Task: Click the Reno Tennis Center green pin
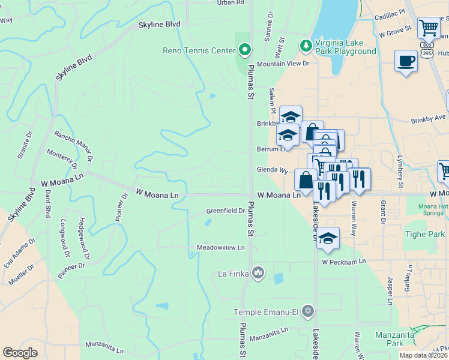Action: [x=244, y=49]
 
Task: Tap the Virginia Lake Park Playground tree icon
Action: [x=306, y=45]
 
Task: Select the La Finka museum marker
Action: [x=258, y=273]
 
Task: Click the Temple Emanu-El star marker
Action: [x=307, y=311]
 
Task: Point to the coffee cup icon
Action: [x=406, y=61]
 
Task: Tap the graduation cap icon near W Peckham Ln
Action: [x=328, y=238]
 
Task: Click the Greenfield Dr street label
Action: [x=226, y=211]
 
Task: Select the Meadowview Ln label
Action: [x=221, y=247]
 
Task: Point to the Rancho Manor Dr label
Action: [x=73, y=147]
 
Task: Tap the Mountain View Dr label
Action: [x=283, y=64]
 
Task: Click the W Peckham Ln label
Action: [x=343, y=262]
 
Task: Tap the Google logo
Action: [x=20, y=352]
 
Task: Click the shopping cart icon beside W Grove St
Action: [x=429, y=28]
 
